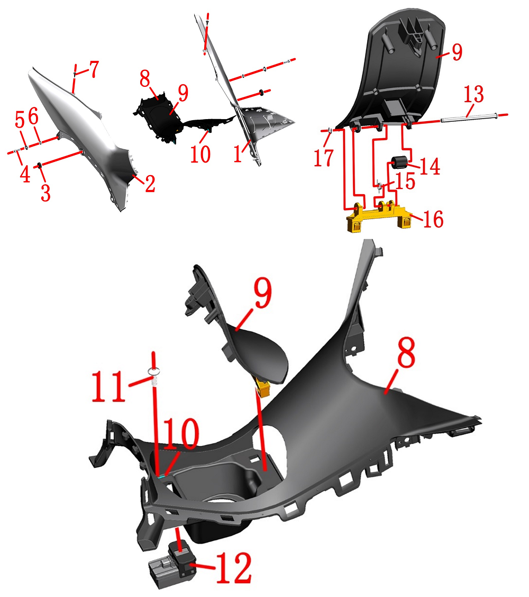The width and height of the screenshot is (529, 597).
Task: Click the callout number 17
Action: pos(324,158)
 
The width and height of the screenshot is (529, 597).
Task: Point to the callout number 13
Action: pos(473,94)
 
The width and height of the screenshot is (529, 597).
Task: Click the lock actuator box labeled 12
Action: pos(172,565)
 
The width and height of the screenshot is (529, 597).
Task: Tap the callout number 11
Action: pos(108,386)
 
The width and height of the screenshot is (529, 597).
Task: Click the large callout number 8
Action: pos(406,352)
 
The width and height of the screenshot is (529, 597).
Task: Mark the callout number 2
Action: pos(150,184)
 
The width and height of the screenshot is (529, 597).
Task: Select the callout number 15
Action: pos(405,181)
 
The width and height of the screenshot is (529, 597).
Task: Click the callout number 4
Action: pos(25,174)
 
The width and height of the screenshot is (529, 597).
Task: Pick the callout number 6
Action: pos(33,116)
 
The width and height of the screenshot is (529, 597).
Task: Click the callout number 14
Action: pos(430,166)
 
